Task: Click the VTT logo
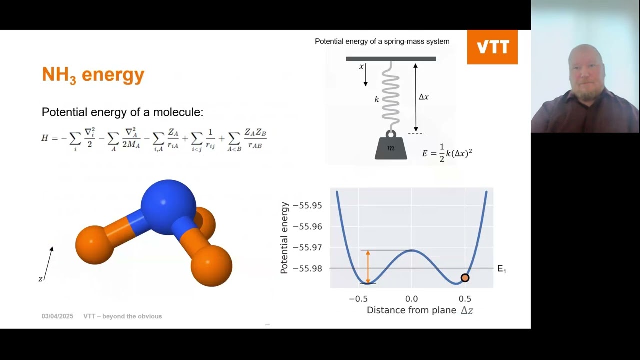tap(492, 47)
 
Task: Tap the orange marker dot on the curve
tap(465, 278)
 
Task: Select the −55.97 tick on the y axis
tap(307, 247)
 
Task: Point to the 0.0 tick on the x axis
tap(411, 299)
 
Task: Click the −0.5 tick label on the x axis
tap(358, 299)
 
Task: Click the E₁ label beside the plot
tap(501, 269)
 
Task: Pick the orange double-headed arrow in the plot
tap(368, 267)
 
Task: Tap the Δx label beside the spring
tap(423, 97)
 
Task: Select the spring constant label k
tap(377, 99)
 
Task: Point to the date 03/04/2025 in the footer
tap(57, 316)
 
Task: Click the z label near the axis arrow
tap(40, 279)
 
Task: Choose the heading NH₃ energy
tap(93, 75)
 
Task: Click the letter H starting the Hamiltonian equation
tap(45, 138)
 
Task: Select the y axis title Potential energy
tap(284, 238)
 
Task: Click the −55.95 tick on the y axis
tap(307, 205)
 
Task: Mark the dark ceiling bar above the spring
tap(391, 59)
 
